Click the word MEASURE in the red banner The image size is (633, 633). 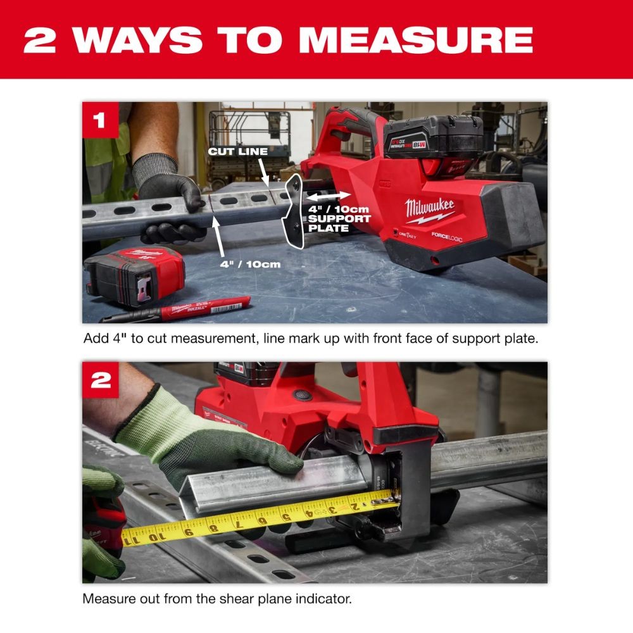click(x=416, y=39)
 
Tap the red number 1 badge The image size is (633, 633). click(x=100, y=120)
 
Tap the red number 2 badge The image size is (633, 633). click(x=100, y=380)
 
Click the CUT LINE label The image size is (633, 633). click(x=238, y=152)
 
